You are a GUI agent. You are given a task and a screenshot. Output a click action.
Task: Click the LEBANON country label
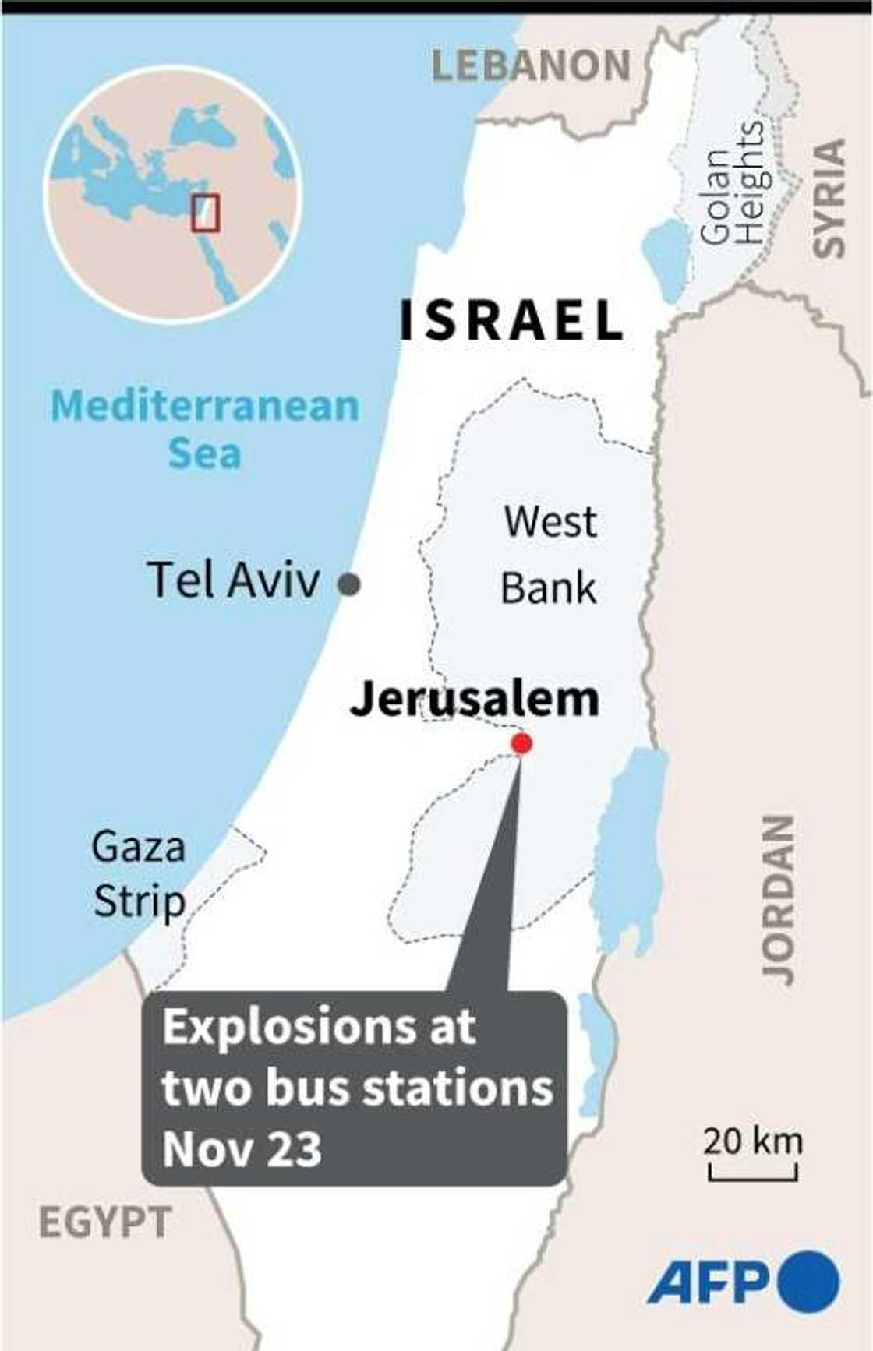[x=531, y=65]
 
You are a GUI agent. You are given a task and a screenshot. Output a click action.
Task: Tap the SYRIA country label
[x=829, y=198]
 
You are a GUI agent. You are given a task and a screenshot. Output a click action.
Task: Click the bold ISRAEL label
[x=511, y=320]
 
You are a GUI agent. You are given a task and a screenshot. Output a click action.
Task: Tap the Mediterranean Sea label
[x=205, y=429]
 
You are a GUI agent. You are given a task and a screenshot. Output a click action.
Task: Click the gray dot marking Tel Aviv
[x=349, y=584]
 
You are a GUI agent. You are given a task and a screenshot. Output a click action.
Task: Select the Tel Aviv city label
[x=233, y=580]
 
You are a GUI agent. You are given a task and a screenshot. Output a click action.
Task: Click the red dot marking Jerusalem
[x=521, y=743]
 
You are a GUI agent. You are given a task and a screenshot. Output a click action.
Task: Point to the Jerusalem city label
[x=475, y=699]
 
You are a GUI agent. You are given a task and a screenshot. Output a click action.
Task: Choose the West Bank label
[x=549, y=554]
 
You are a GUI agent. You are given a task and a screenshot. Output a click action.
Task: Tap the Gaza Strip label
[x=139, y=873]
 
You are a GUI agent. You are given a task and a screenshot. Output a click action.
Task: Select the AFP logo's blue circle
[x=808, y=1282]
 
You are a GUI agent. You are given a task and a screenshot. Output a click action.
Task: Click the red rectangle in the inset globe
[x=206, y=212]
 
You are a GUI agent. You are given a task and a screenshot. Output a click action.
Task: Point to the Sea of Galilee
[x=664, y=259]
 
